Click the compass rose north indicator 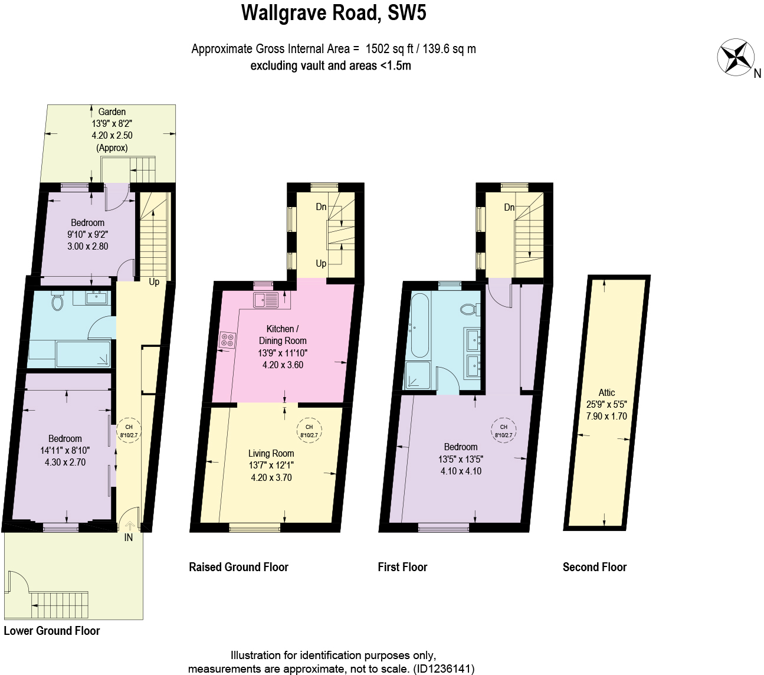[x=736, y=57]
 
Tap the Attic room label [x=606, y=392]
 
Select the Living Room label [x=271, y=453]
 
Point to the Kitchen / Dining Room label [x=283, y=335]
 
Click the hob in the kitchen [x=227, y=340]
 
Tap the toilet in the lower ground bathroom [x=57, y=302]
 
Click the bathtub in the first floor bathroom [x=419, y=326]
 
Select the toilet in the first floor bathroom [x=470, y=309]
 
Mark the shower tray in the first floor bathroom [x=419, y=376]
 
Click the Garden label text [x=112, y=112]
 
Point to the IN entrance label [x=128, y=538]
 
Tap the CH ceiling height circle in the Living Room [x=309, y=431]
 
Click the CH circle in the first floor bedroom [x=503, y=431]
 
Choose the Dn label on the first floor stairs [x=509, y=207]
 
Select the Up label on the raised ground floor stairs [x=321, y=263]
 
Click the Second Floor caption [x=594, y=567]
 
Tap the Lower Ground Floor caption [x=52, y=631]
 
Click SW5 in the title [x=407, y=13]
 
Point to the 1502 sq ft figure [x=389, y=49]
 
